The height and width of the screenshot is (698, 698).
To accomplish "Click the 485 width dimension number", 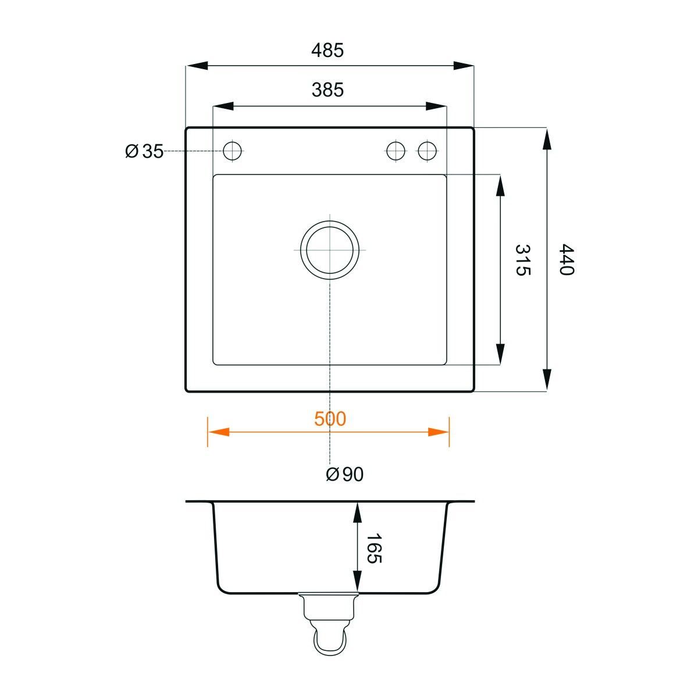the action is click(x=327, y=51).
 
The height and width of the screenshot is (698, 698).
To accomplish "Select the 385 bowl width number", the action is click(x=327, y=90).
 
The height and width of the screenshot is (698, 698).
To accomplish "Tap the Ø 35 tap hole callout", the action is click(x=144, y=151).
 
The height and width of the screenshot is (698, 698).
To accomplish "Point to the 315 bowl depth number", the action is click(x=523, y=260).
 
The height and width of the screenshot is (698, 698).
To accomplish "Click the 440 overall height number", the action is click(x=566, y=259).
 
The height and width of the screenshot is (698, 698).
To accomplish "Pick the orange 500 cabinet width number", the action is click(x=330, y=419).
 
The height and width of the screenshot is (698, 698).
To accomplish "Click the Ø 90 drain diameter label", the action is click(x=344, y=474).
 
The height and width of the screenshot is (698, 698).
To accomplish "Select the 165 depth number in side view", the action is click(x=374, y=548).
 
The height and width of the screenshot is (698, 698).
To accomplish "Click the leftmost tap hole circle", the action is click(x=232, y=151).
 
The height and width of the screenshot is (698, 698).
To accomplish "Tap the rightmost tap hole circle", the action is click(x=427, y=151).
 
